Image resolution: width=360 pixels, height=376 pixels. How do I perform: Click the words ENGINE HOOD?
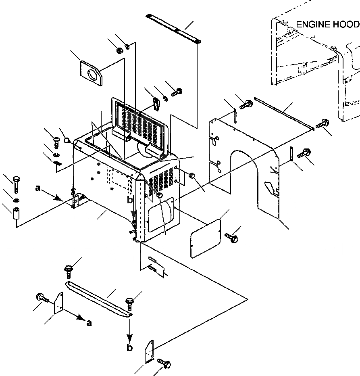point(327,25)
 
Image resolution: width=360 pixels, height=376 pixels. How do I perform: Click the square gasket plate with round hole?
point(92,73)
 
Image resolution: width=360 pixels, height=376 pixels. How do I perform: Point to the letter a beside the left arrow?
point(37,188)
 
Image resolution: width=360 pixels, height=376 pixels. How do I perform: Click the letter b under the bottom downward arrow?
point(129,348)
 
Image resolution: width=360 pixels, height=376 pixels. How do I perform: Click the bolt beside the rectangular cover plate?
point(233,238)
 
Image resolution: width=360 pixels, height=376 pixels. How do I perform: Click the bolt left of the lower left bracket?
point(42,298)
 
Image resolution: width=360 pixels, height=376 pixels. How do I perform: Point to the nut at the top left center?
point(120,50)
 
